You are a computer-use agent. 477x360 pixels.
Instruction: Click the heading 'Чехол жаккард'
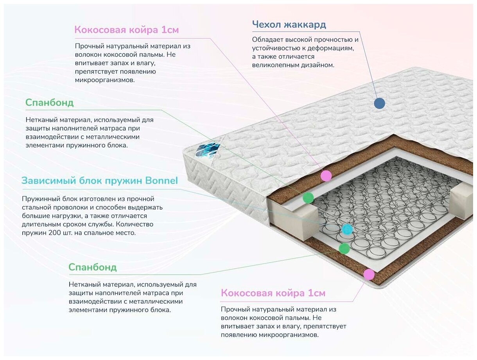289,25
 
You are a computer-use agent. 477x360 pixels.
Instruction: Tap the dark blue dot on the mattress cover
379,103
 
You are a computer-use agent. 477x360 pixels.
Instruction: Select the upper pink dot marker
326,176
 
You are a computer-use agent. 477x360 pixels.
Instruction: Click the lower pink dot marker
369,274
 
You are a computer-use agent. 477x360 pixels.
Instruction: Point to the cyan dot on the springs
347,230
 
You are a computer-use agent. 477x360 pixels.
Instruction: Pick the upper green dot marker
308,198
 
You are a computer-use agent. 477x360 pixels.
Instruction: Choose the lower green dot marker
344,248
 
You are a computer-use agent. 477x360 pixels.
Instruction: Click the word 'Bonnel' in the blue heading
161,180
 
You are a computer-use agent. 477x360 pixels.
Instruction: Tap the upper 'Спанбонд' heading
49,103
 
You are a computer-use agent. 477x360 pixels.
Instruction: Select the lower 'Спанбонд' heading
92,267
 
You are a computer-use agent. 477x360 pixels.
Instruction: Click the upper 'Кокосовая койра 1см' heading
126,30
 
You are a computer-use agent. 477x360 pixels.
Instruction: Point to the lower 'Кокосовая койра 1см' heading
273,293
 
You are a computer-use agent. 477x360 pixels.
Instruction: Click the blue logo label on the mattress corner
204,149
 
